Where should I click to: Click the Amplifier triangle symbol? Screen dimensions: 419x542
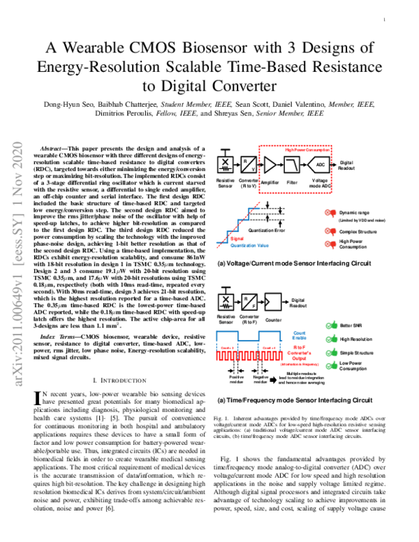point(270,165)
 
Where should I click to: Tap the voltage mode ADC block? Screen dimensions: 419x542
point(321,165)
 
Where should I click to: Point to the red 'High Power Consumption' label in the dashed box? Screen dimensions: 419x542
point(307,149)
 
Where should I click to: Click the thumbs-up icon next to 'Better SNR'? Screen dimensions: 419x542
point(330,325)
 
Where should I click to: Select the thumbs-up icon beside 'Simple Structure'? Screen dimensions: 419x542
point(330,353)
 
